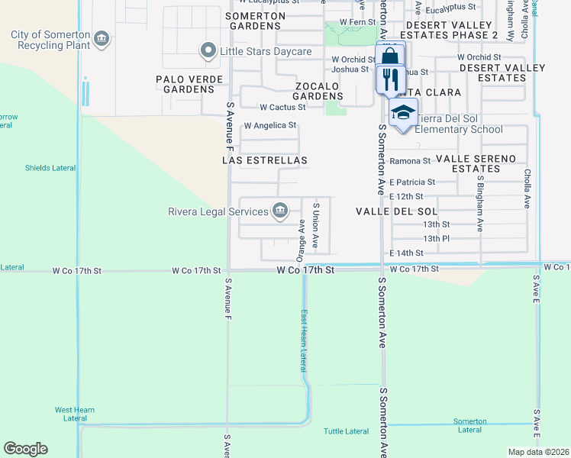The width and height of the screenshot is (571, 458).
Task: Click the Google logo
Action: (25, 449)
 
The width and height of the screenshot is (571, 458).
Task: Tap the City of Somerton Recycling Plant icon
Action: (101, 38)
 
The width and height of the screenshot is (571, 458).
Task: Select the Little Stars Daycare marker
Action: (206, 51)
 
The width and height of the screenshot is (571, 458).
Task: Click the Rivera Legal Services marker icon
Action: (279, 211)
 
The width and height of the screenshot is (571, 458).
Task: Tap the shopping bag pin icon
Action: (389, 56)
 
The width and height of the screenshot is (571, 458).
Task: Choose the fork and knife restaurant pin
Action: (389, 79)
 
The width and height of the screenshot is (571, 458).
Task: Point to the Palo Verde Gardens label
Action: (189, 84)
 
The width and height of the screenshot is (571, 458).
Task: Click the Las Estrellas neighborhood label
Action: (264, 161)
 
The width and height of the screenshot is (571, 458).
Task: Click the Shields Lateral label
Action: (50, 168)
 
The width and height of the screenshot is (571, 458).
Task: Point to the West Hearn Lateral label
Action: (75, 414)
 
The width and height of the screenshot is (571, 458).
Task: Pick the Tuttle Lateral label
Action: (346, 431)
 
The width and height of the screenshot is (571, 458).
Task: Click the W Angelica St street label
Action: (269, 125)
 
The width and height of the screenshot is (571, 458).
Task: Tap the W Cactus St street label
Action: (282, 108)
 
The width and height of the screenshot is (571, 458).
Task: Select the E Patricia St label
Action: (411, 182)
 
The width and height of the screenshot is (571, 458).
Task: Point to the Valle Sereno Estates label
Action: (476, 163)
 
